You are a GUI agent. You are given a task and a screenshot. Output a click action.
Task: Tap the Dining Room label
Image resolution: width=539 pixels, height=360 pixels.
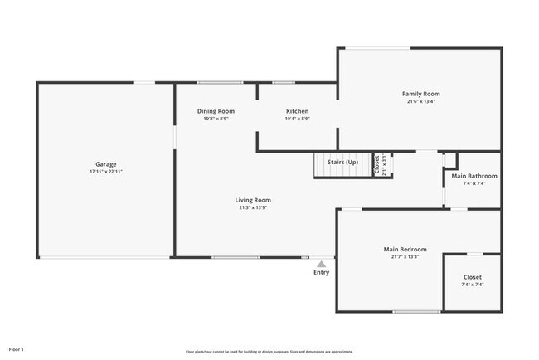click(216, 111)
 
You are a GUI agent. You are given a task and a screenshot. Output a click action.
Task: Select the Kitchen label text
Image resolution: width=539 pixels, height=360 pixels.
click(297, 111)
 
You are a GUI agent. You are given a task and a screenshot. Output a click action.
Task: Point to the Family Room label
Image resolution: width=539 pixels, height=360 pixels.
click(420, 94)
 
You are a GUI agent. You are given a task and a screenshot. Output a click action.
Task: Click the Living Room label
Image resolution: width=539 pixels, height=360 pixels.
click(253, 200)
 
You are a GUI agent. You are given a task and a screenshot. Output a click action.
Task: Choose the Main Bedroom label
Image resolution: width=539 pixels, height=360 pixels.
click(405, 249)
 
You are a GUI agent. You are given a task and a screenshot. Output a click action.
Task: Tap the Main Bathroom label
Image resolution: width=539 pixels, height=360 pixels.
click(473, 176)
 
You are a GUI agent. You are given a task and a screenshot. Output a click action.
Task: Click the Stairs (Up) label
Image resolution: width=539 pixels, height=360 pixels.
click(342, 162)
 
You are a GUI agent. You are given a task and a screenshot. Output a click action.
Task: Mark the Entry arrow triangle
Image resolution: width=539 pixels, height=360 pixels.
click(321, 264)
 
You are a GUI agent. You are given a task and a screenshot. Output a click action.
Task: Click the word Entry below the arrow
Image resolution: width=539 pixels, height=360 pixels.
click(321, 272)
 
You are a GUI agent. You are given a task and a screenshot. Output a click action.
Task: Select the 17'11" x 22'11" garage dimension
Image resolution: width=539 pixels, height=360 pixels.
click(106, 171)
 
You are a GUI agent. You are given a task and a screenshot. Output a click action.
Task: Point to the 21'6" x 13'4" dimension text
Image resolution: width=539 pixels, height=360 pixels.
click(420, 102)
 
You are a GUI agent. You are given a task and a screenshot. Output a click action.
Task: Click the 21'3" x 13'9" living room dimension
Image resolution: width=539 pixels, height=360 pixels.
click(253, 207)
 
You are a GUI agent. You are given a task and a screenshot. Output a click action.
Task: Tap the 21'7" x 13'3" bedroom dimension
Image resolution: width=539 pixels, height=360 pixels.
click(405, 256)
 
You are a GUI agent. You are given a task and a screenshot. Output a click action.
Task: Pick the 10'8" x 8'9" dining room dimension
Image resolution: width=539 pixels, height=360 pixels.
click(216, 119)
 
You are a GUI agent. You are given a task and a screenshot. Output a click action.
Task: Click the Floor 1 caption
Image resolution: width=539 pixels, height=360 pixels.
click(17, 349)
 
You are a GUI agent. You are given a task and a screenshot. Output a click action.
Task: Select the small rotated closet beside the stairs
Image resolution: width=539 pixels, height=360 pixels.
click(378, 166)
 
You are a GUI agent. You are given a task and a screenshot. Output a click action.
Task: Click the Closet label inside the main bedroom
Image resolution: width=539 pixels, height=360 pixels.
click(472, 277)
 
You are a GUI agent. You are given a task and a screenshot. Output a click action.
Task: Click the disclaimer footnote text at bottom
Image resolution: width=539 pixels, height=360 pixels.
click(270, 352)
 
